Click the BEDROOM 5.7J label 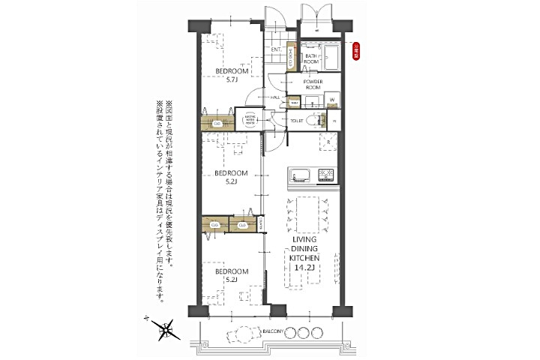click(226, 76)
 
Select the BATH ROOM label click(313, 59)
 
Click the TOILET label click(298, 119)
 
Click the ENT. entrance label click(276, 50)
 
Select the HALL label click(276, 97)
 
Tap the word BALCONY click(273, 331)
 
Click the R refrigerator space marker click(328, 140)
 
